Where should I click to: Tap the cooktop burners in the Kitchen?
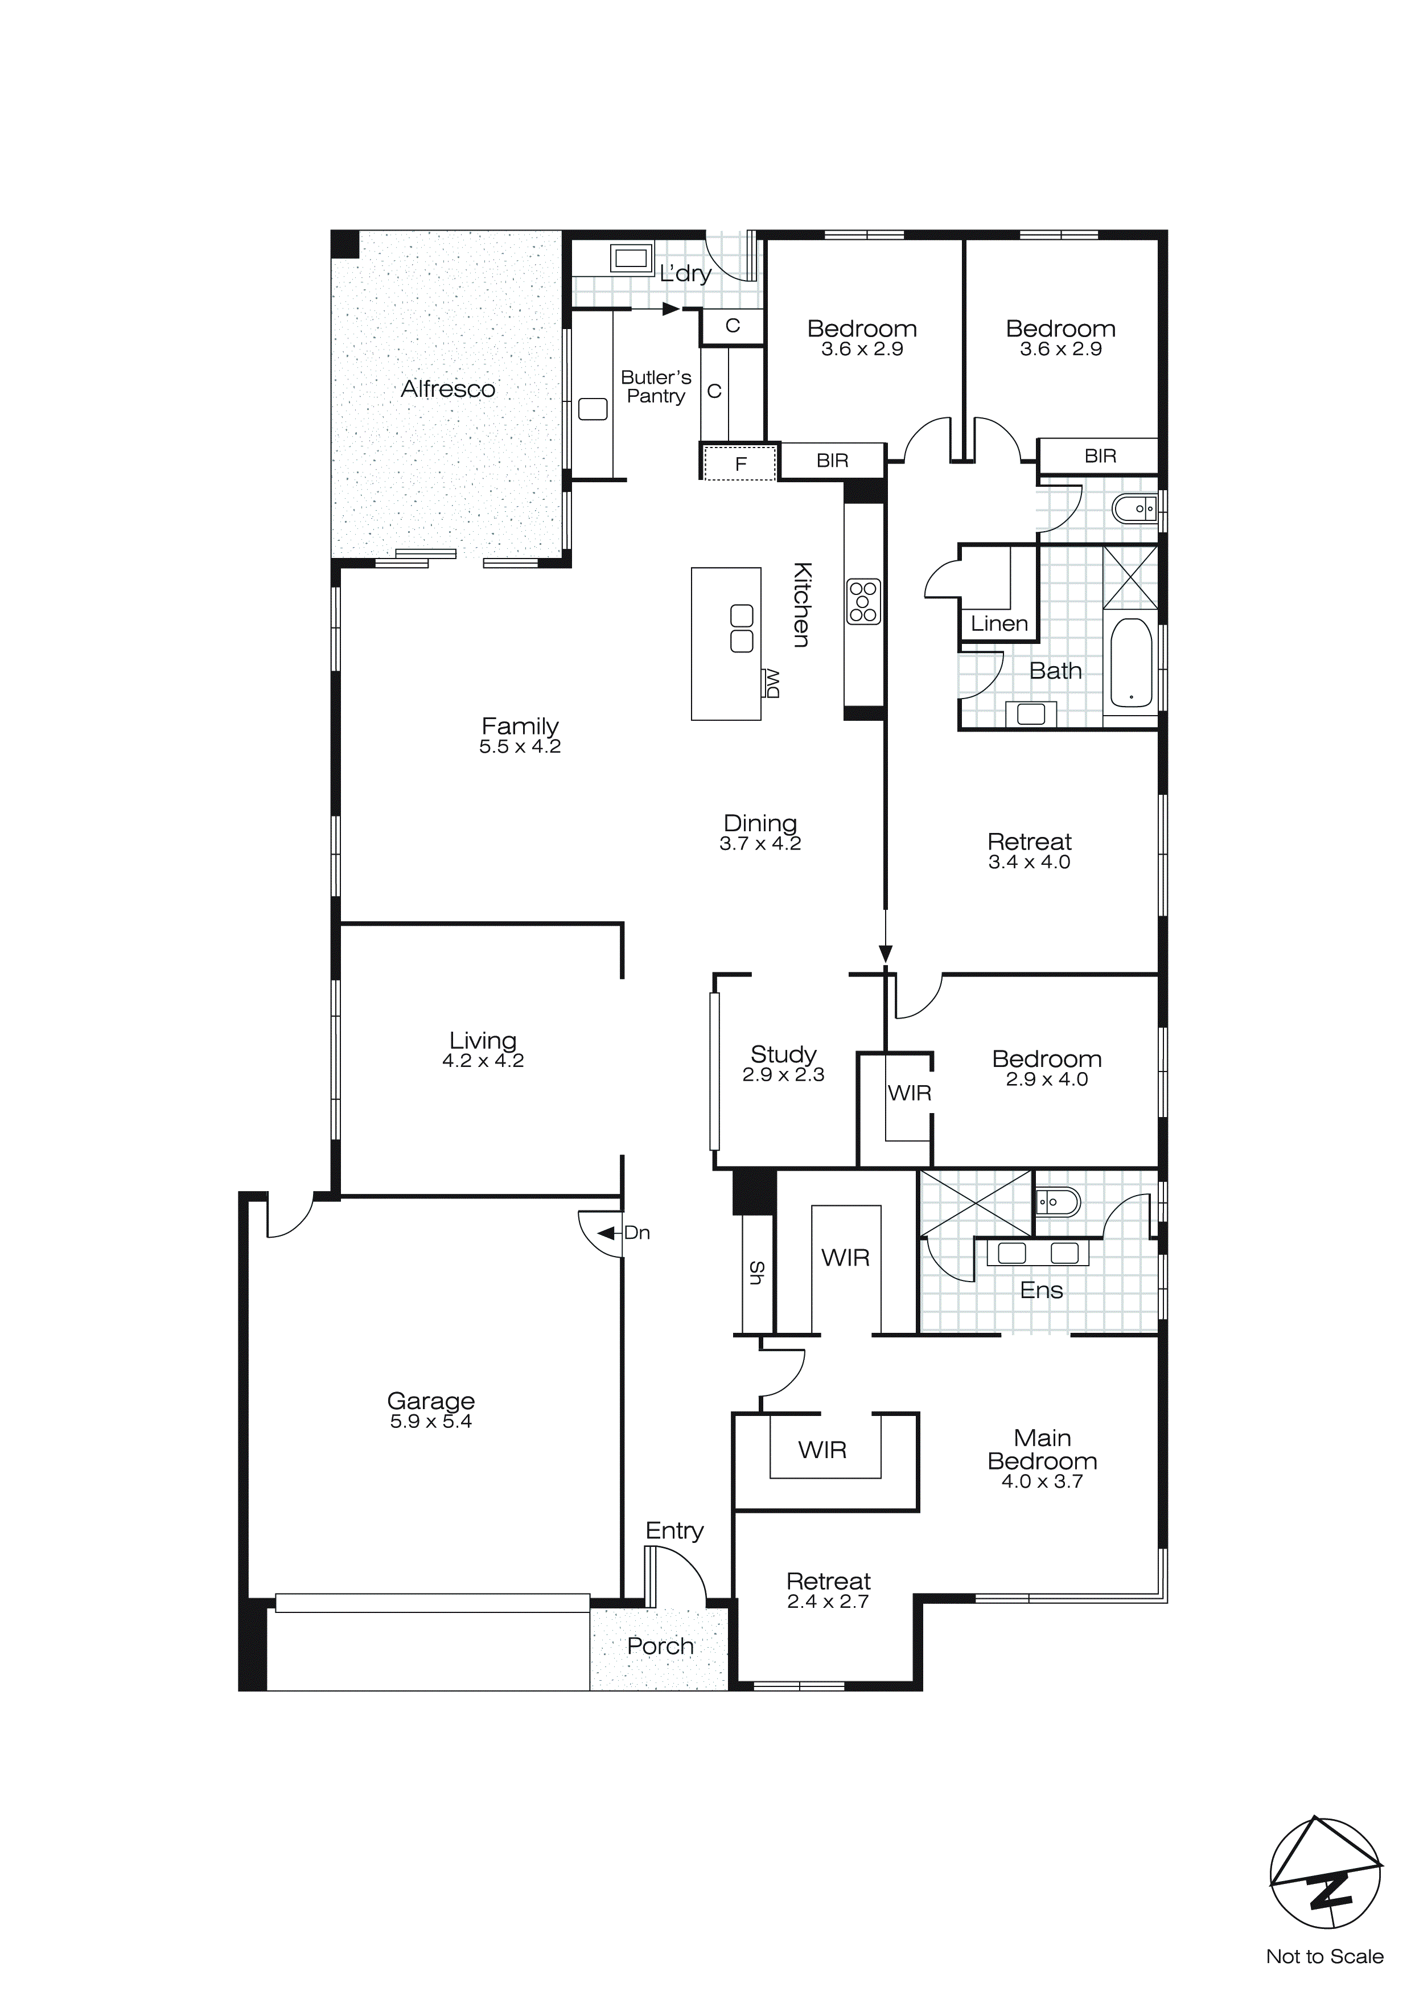coord(863,601)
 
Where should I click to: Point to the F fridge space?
coord(741,463)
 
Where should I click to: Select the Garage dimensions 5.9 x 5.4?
coord(431,1422)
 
